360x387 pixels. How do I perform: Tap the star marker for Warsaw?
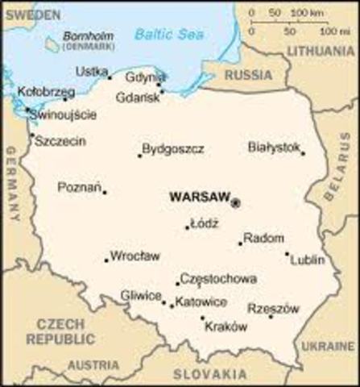click(235, 203)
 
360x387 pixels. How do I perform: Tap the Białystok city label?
click(275, 147)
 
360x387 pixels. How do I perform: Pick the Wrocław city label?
click(134, 256)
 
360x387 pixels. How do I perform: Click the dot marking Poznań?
click(105, 192)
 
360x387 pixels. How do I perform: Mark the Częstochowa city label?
click(219, 278)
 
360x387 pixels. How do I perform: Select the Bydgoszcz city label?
click(173, 149)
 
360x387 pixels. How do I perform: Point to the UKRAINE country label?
click(339, 346)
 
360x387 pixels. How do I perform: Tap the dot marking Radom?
click(240, 243)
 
